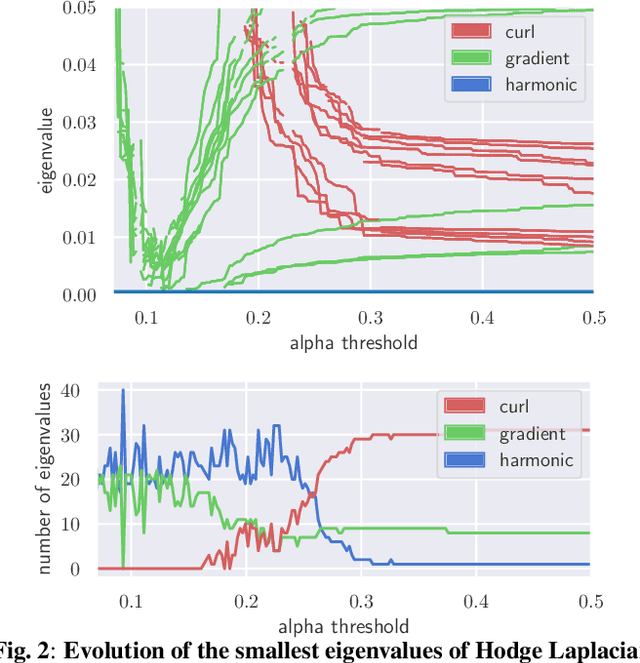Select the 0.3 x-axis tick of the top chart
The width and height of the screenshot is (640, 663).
point(370,318)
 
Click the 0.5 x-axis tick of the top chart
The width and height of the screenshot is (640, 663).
point(594,318)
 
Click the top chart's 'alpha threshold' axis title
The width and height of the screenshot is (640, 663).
point(353,342)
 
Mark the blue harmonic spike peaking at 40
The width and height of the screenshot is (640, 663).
point(123,391)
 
